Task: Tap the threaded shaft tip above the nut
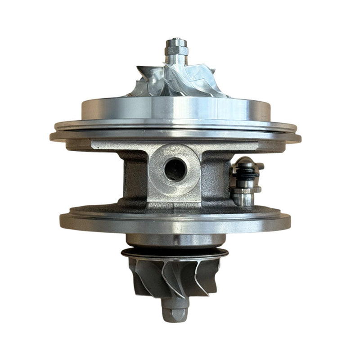176,42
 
